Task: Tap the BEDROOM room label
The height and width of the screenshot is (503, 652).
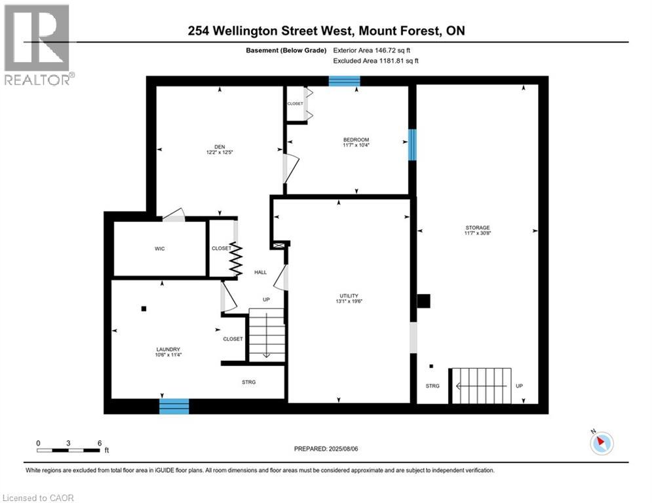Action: pos(356,140)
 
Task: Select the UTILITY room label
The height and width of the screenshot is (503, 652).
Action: pos(349,295)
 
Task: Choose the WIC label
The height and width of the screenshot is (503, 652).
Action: pos(160,249)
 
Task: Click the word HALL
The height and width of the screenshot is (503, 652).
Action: pos(260,272)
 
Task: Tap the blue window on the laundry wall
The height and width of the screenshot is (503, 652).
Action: pos(174,406)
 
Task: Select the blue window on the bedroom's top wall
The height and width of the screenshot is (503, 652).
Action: pos(344,81)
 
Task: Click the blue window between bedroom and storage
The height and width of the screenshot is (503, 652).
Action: pos(412,145)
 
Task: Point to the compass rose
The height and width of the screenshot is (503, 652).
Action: pos(600,443)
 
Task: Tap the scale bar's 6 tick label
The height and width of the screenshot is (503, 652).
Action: pos(99,443)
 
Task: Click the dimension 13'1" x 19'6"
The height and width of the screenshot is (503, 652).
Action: pos(349,302)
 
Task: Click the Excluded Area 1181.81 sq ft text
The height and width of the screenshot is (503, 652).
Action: pos(375,60)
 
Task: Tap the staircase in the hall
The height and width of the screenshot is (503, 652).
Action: pos(266,336)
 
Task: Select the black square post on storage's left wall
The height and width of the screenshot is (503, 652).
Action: pos(424,301)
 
